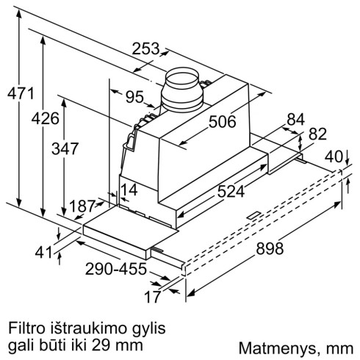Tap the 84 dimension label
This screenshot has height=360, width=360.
coord(296,119)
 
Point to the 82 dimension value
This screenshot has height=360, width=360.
coord(317,134)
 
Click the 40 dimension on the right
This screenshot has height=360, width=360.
coord(334,156)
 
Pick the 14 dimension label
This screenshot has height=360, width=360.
coord(130,189)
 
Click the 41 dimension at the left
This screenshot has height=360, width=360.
coord(46,252)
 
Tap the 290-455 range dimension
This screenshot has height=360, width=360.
coord(116,268)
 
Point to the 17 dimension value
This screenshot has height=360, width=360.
coord(152,298)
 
